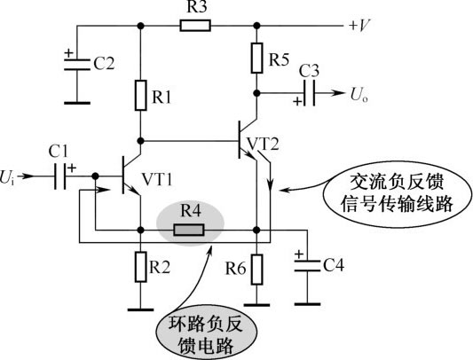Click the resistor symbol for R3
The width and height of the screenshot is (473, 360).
tap(195, 26)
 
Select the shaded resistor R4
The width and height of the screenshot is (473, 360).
tap(189, 230)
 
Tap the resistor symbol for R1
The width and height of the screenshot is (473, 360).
tap(140, 95)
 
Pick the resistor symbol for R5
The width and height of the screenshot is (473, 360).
tap(256, 58)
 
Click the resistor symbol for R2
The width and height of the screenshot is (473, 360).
tap(140, 267)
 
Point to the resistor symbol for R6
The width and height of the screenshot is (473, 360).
tap(256, 270)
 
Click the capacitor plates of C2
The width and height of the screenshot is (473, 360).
tap(77, 65)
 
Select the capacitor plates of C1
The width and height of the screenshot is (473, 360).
tap(60, 176)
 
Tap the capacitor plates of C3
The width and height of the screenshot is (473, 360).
tap(310, 93)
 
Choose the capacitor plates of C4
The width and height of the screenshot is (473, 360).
tap(307, 266)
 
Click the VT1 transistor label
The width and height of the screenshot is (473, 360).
tap(157, 180)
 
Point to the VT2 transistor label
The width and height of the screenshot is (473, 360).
tap(263, 145)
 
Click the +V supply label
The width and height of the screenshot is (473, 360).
tap(359, 26)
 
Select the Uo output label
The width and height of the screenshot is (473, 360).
tap(359, 94)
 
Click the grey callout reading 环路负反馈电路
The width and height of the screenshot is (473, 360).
tap(206, 333)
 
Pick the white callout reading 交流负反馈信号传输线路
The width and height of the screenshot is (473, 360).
tap(397, 193)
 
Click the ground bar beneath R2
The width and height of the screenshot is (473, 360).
tap(140, 309)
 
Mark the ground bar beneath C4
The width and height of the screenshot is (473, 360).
tap(307, 304)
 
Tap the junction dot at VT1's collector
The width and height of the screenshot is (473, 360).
tap(140, 141)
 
